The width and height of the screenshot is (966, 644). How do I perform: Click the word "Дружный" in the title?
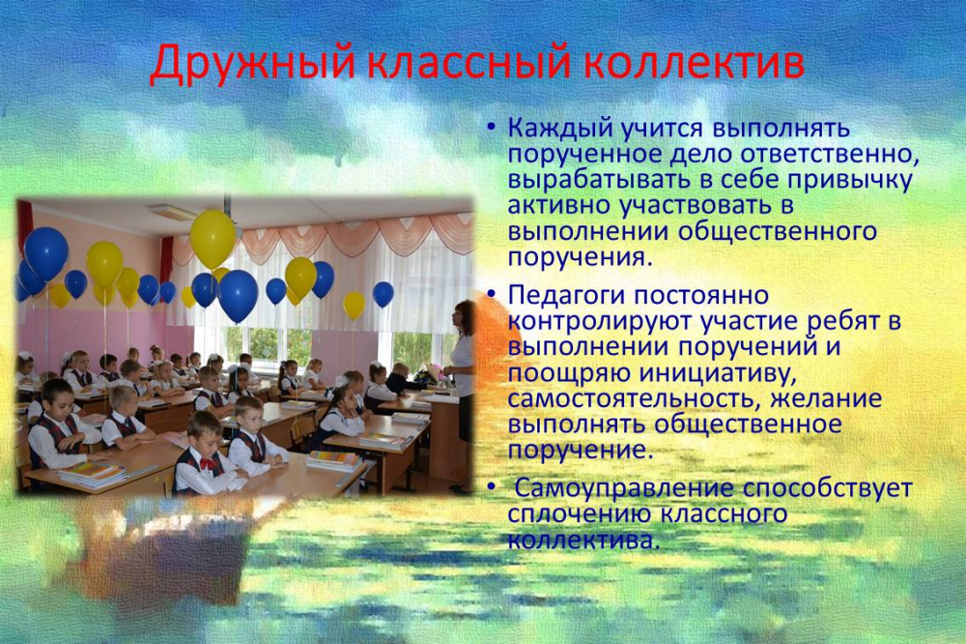point(253,64)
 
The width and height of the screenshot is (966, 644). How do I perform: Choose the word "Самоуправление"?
point(624,488)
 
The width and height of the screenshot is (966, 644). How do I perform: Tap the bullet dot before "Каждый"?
point(491,128)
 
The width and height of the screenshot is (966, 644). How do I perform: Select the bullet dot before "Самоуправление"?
point(491,486)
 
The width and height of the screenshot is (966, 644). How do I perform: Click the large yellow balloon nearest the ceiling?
point(213,240)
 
